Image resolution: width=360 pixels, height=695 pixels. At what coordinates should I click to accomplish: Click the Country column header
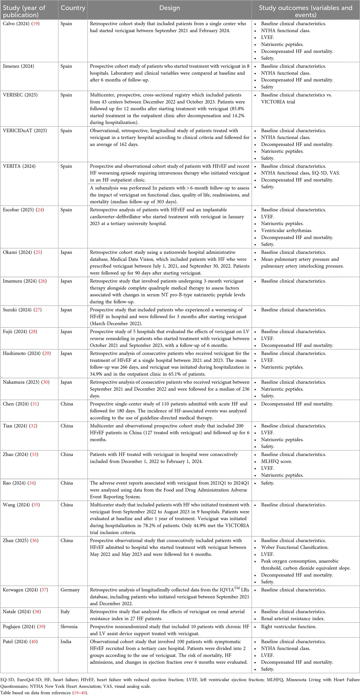click(73, 8)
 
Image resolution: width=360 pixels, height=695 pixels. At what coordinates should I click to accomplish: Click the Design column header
click(170, 8)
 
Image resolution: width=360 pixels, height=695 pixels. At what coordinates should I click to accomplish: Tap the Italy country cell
click(65, 611)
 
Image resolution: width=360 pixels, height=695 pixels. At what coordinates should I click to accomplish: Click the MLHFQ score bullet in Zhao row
click(277, 462)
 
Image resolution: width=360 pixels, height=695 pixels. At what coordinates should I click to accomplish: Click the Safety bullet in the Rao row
click(268, 483)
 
